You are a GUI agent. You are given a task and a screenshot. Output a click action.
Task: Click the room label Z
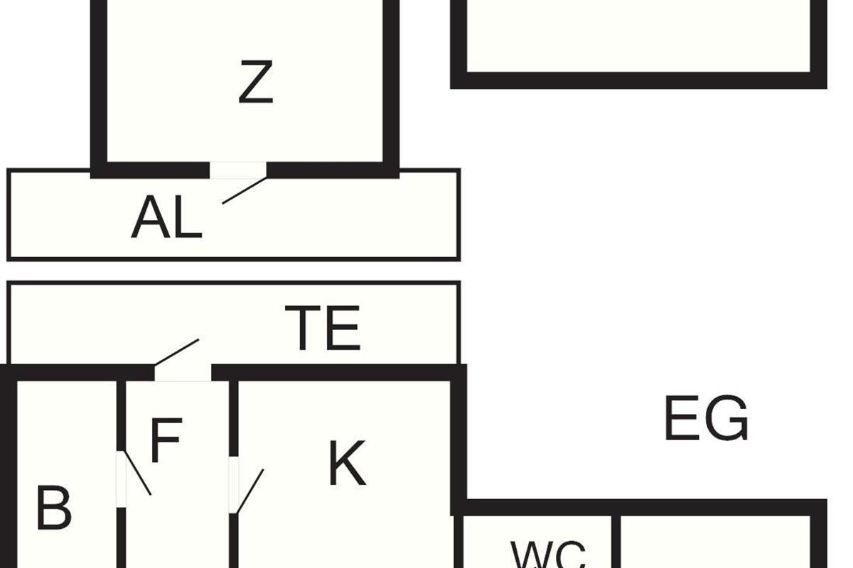pyautogui.click(x=255, y=82)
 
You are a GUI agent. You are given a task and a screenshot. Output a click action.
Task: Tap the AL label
pyautogui.click(x=166, y=217)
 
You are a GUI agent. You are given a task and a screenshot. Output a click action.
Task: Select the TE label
pyautogui.click(x=322, y=327)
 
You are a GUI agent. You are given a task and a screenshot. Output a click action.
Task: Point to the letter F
pyautogui.click(x=166, y=440)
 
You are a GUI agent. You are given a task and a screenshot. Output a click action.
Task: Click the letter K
pyautogui.click(x=348, y=464)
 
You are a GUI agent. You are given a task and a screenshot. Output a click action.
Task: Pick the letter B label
pyautogui.click(x=54, y=508)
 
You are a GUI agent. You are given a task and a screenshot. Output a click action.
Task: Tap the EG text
pyautogui.click(x=707, y=418)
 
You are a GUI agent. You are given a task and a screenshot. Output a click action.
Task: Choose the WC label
pyautogui.click(x=547, y=555)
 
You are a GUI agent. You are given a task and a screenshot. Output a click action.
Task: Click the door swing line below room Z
pyautogui.click(x=245, y=190)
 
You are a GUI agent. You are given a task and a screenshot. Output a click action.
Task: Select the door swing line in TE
pyautogui.click(x=177, y=353)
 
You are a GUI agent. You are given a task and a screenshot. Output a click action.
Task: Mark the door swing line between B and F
pyautogui.click(x=136, y=473)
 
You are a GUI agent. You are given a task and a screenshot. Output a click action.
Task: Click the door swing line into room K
pyautogui.click(x=250, y=491)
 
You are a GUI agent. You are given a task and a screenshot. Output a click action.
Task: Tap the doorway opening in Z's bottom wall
pyautogui.click(x=238, y=170)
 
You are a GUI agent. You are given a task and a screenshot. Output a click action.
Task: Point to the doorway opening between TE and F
pyautogui.click(x=183, y=373)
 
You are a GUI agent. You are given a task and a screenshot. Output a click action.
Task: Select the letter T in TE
pyautogui.click(x=301, y=327)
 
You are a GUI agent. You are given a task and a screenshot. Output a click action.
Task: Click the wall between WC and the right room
pyautogui.click(x=616, y=542)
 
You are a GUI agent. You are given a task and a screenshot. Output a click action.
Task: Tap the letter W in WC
pyautogui.click(x=530, y=555)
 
